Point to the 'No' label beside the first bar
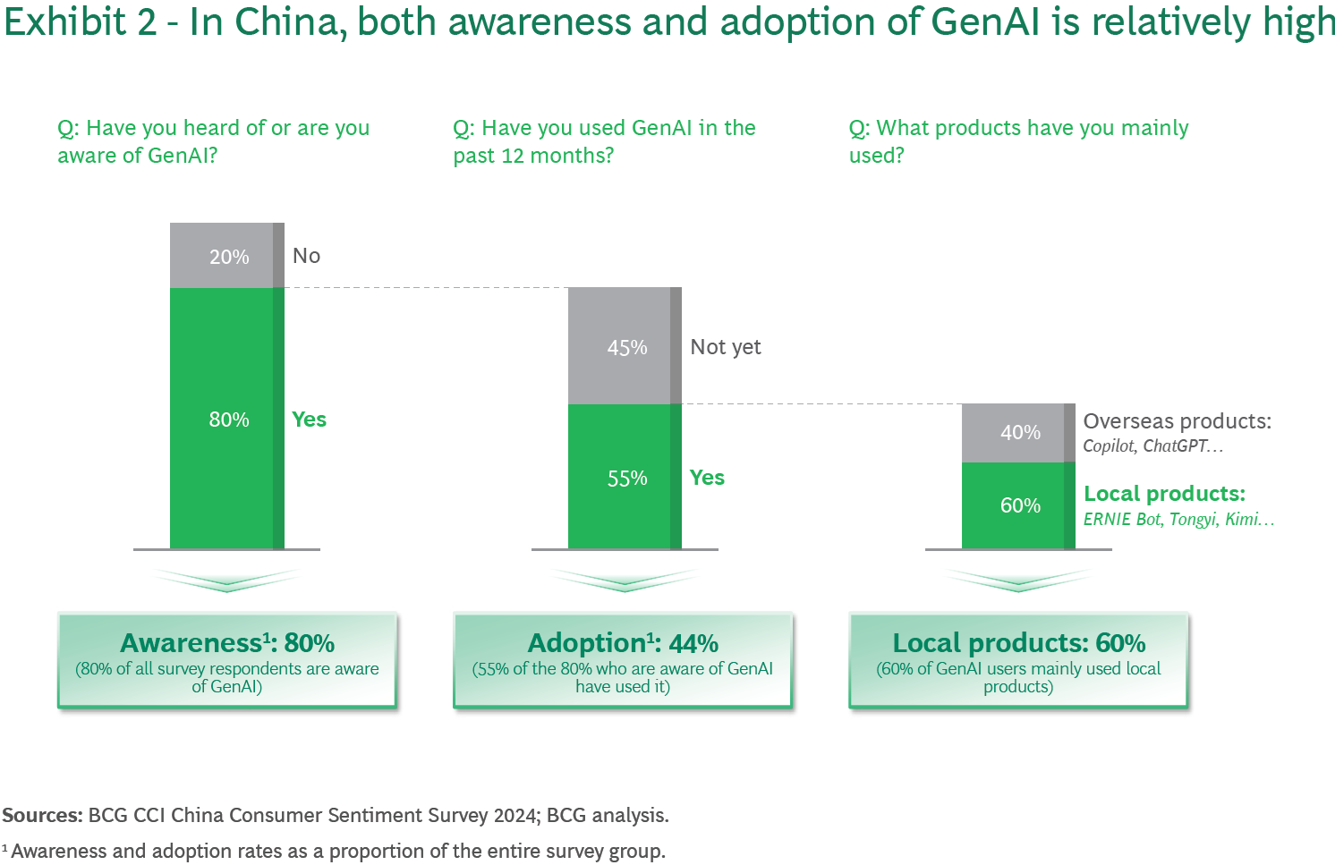tap(306, 256)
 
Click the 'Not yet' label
tap(725, 347)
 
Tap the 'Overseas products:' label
tap(1177, 421)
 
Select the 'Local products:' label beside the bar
tap(1164, 494)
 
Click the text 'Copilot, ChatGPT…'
tap(1152, 446)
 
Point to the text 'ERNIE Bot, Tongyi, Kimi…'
tap(1178, 520)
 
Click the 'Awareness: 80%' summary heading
tap(227, 643)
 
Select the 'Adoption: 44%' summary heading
tap(623, 643)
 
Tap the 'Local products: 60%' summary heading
tap(1018, 643)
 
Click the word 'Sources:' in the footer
tap(42, 816)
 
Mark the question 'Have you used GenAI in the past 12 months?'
tap(604, 141)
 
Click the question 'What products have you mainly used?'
tap(1018, 141)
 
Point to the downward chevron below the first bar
tap(227, 581)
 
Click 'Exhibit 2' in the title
tap(81, 22)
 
